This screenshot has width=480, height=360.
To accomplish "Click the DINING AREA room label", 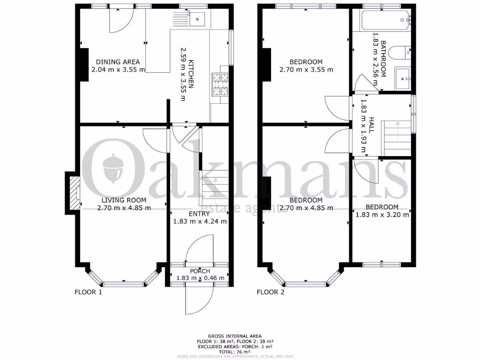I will tap(118, 62).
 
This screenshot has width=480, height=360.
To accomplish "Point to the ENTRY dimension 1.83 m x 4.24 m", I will tap(200, 221).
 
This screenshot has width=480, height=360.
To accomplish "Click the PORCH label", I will tap(200, 271).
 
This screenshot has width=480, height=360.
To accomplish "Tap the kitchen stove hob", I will tap(220, 85).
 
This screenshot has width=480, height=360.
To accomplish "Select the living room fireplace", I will tap(73, 193).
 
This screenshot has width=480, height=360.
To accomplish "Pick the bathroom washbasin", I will tap(403, 77).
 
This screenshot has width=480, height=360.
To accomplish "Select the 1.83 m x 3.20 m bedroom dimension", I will tap(382, 215).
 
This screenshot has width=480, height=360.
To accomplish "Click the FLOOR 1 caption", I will tap(89, 292).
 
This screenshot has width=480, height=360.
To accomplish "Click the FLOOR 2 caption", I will tap(270, 292).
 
